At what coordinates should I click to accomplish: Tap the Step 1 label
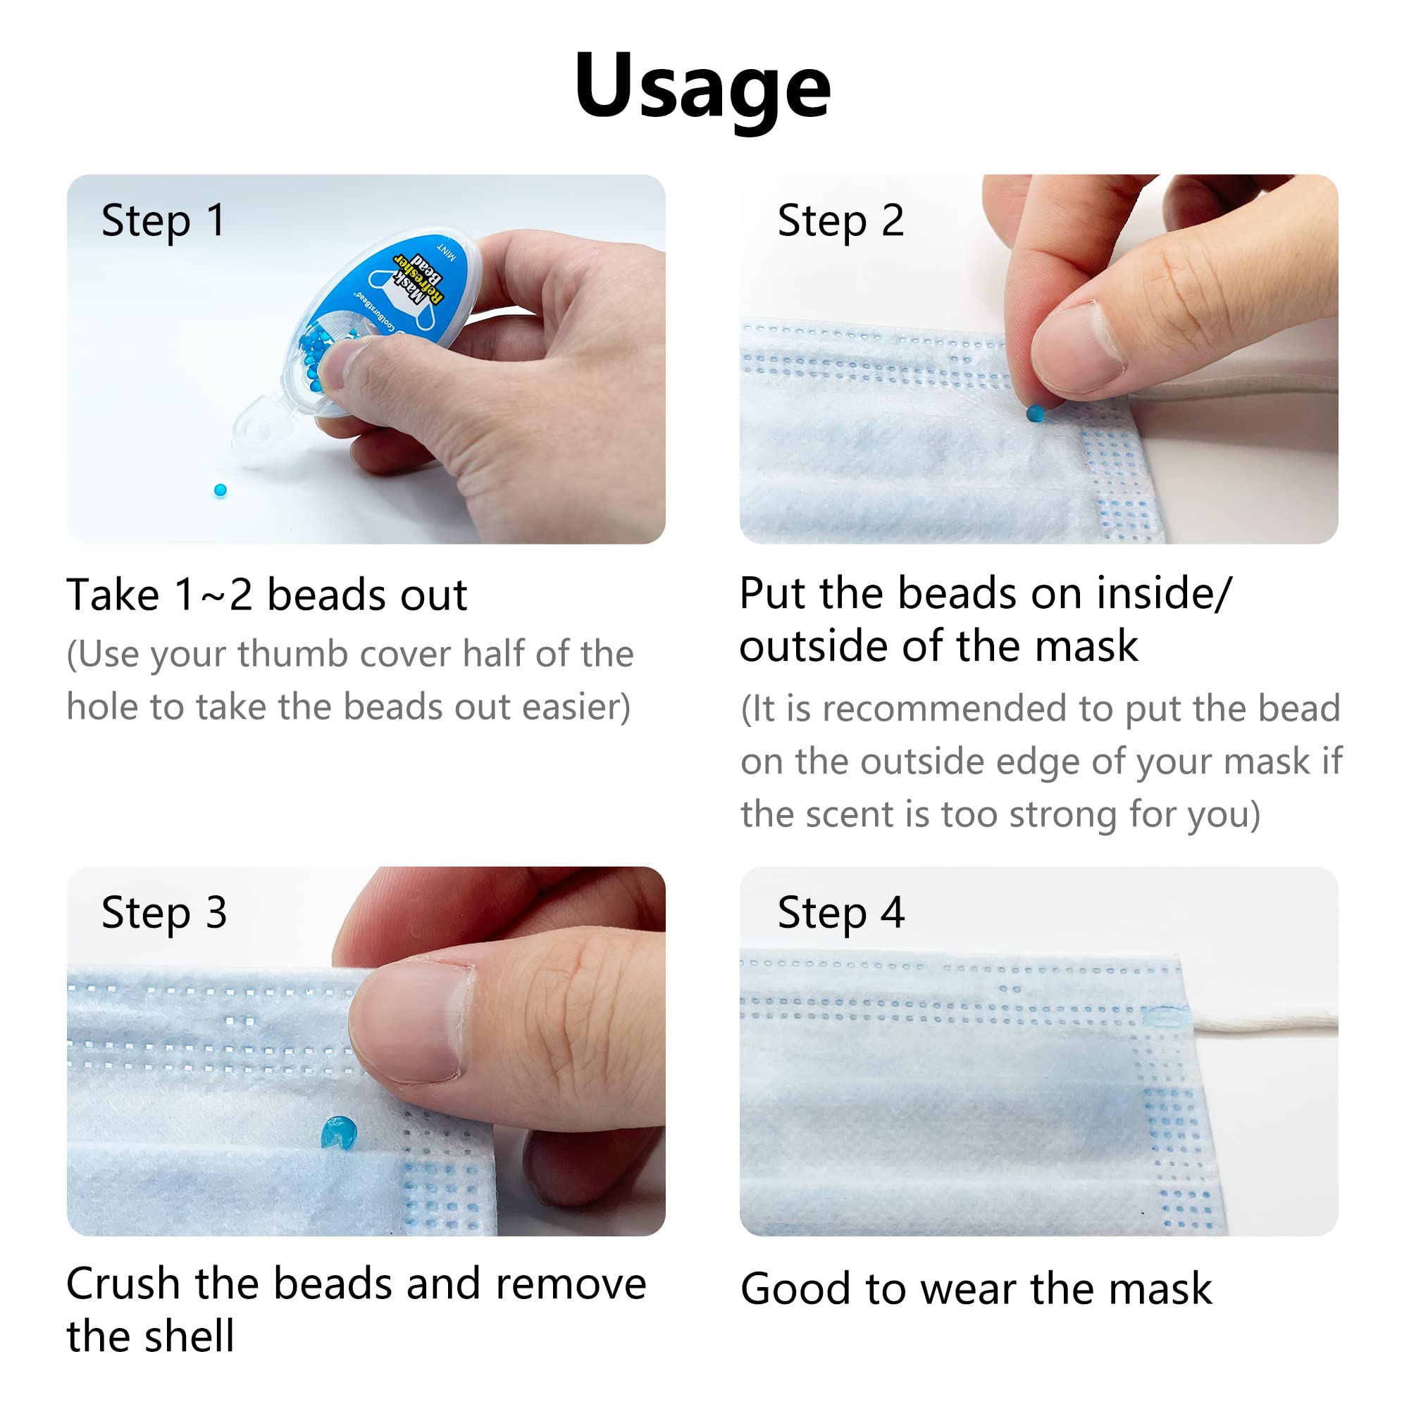pyautogui.click(x=163, y=221)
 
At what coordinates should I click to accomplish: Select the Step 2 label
pyautogui.click(x=840, y=221)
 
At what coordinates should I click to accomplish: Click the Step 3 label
pyautogui.click(x=163, y=913)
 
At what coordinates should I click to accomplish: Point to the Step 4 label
pyautogui.click(x=840, y=913)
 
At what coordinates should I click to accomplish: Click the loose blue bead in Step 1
pyautogui.click(x=221, y=490)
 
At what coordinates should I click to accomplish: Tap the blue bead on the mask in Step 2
pyautogui.click(x=1034, y=414)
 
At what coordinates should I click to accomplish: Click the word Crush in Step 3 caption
pyautogui.click(x=123, y=1284)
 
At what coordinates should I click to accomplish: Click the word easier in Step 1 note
pyautogui.click(x=576, y=707)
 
